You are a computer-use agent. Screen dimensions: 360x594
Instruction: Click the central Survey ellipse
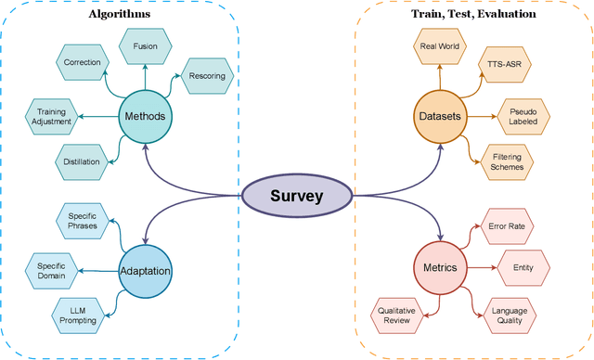[x=297, y=197]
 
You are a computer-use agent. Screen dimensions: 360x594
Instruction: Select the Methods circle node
[x=145, y=117]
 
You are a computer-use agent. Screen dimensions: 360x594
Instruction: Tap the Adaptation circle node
[x=145, y=271]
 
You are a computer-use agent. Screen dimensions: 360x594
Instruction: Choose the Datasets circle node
[x=438, y=117]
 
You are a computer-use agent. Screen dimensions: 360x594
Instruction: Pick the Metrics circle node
[x=437, y=270]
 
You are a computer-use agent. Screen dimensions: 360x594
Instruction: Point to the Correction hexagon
[x=82, y=62]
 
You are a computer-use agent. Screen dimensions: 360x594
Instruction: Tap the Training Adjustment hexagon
[x=45, y=117]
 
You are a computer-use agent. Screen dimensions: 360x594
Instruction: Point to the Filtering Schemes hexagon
[x=505, y=161]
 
